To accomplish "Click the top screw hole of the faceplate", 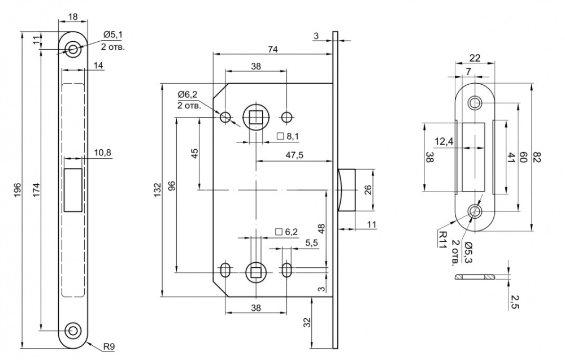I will [73, 49].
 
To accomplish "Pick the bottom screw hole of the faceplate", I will [73, 330].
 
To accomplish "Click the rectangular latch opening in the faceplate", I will [73, 190].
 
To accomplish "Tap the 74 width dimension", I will [272, 49].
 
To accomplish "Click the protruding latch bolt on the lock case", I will [345, 190].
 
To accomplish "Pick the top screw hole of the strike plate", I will [475, 103].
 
